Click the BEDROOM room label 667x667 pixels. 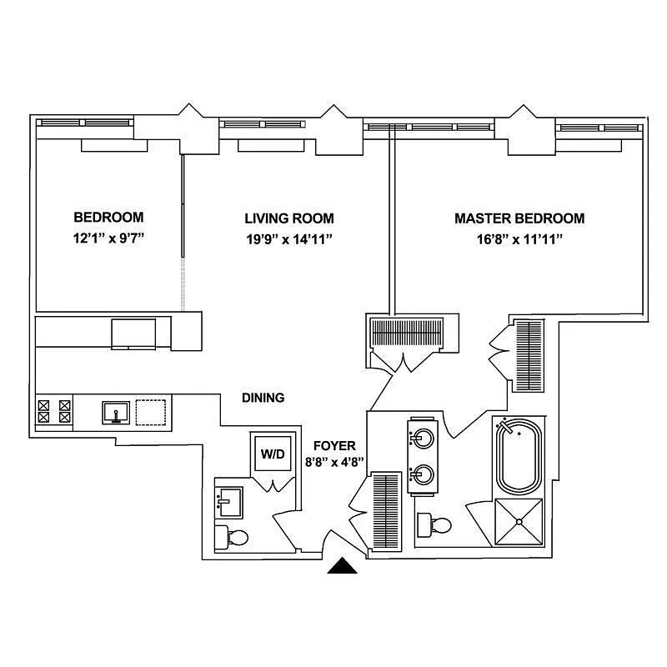[x=108, y=218]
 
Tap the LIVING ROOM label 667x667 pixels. [x=289, y=218]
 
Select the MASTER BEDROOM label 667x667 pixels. [x=519, y=218]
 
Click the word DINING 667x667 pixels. [x=263, y=398]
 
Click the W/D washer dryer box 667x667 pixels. [x=273, y=454]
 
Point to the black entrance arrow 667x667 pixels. [x=342, y=567]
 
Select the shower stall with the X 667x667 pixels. [x=519, y=522]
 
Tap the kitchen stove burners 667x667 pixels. [x=53, y=412]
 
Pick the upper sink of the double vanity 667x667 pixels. [x=422, y=436]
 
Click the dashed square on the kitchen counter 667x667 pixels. [x=151, y=412]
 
